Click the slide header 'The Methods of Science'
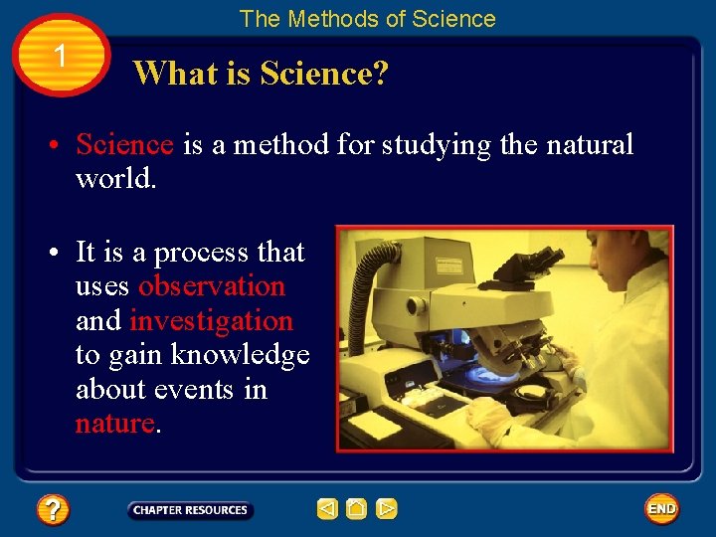tap(367, 19)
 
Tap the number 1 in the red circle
tap(61, 57)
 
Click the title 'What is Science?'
tap(262, 74)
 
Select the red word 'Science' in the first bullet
tap(124, 145)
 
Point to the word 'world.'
tap(115, 179)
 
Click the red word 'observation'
tap(211, 286)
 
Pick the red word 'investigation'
tap(211, 321)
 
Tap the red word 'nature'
tap(114, 423)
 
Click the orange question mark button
tap(53, 510)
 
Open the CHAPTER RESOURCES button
tap(190, 510)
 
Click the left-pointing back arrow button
tap(327, 510)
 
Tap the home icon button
tap(357, 510)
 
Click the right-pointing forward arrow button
tap(387, 510)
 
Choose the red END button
tap(661, 509)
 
